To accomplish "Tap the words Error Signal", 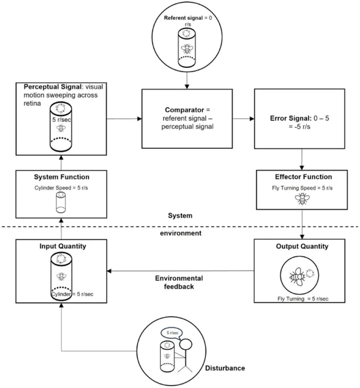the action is pos(290,118).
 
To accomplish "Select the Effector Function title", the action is pos(304,177).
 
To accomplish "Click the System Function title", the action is pos(62,177).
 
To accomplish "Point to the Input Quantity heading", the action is pos(63,246).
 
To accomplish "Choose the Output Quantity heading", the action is pos(302,246).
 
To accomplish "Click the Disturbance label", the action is pos(225,368).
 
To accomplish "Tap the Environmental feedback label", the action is pos(179,282).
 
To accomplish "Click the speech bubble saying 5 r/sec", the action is pos(172,333).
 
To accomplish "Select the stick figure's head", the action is pos(185,344).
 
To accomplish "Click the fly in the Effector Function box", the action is pos(302,199).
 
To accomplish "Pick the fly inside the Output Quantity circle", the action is pos(297,276).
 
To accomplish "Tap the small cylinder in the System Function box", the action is pos(61,203).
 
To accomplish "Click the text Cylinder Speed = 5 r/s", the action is pos(61,188).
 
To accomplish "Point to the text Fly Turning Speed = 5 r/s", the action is pos(302,188).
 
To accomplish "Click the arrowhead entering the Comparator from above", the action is pos(187,87).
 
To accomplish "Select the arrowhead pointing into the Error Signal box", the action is pos(252,119).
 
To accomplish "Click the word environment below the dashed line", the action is pos(181,233).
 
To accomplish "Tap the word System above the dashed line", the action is pos(180,216).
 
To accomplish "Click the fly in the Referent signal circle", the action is pos(187,49).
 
